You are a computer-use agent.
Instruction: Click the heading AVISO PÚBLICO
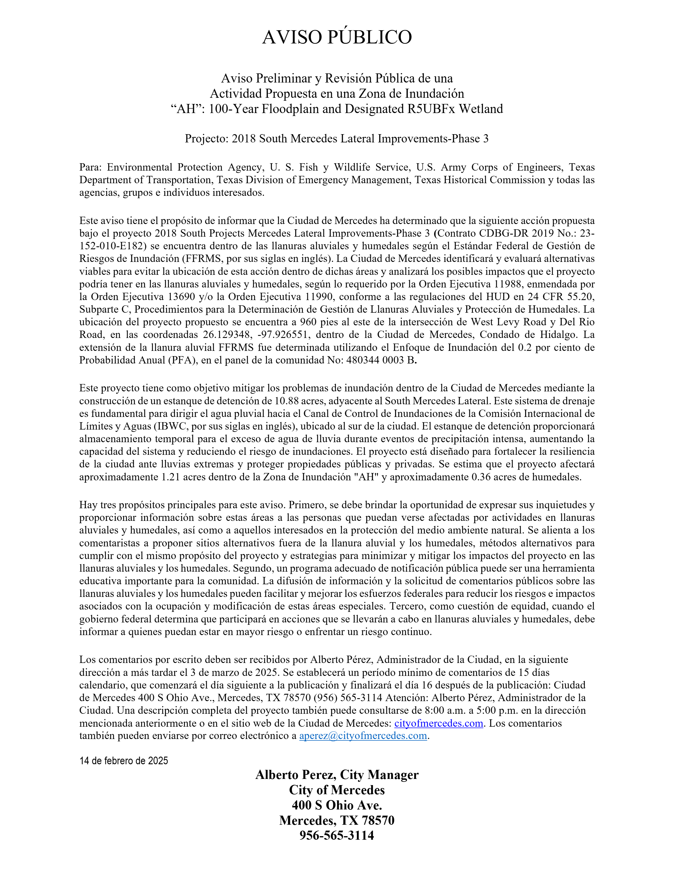[x=337, y=37]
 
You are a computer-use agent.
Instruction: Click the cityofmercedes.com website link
[x=438, y=723]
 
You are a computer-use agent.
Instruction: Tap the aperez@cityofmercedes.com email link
[x=363, y=736]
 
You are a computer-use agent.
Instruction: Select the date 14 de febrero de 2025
[x=124, y=761]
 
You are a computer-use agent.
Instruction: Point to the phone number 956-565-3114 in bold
[x=337, y=835]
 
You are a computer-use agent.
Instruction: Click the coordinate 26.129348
[x=226, y=335]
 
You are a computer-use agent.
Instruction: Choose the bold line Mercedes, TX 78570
[x=337, y=820]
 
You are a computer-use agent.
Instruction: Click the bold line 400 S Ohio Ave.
[x=337, y=805]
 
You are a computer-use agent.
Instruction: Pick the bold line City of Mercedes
[x=337, y=790]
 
